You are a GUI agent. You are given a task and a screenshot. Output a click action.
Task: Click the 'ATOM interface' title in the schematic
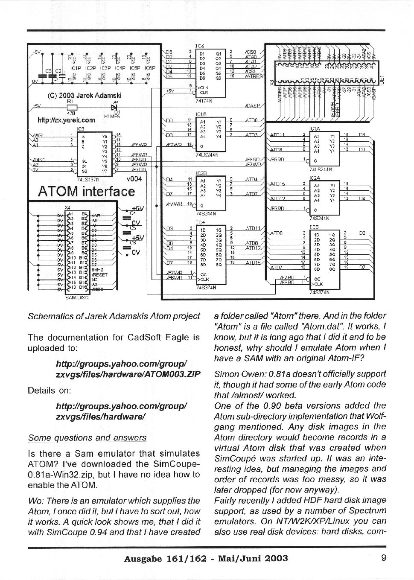[86, 192]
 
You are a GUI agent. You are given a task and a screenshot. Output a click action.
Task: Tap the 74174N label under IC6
[204, 102]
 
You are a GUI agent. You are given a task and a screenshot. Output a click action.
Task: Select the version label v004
[134, 179]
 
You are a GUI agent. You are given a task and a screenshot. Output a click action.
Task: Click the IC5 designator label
[314, 227]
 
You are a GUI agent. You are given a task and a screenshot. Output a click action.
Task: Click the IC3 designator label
[80, 128]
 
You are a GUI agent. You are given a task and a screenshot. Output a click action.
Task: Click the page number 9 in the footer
[384, 558]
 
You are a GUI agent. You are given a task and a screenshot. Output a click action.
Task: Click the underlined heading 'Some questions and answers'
[87, 438]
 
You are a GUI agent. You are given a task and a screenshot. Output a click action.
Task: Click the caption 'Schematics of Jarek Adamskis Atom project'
[114, 316]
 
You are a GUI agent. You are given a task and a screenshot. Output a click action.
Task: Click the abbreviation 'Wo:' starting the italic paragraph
[34, 501]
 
